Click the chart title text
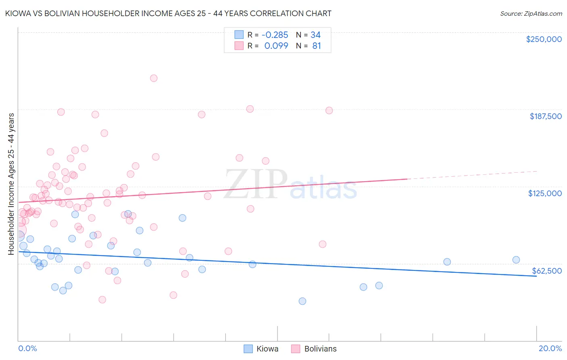(169, 13)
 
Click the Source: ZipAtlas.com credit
(531, 14)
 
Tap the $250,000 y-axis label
(544, 39)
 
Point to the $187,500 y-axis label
(545, 116)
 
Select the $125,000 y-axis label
(545, 193)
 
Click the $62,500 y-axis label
(546, 271)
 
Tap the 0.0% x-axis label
(27, 348)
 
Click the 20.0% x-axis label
(550, 348)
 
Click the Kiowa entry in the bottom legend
(267, 349)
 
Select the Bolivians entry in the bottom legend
(320, 349)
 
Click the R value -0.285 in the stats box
(275, 35)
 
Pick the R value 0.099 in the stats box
(276, 46)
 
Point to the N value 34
(315, 35)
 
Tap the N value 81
(317, 46)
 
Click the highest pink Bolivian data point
(154, 78)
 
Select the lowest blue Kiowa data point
(302, 301)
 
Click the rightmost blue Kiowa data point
(516, 260)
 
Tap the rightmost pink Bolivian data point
(329, 111)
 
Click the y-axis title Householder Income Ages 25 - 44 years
(11, 184)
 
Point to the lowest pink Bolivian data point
(102, 299)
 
